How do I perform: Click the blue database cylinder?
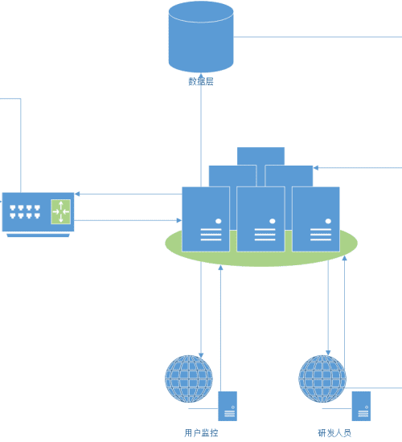point(201,37)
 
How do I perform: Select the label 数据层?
point(201,81)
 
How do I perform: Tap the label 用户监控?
point(201,432)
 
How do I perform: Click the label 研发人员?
point(334,432)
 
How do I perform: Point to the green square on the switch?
point(60,211)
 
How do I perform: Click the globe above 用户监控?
point(189,379)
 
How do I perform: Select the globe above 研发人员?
point(322,379)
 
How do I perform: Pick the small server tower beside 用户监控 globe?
point(228,406)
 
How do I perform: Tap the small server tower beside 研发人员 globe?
point(361,406)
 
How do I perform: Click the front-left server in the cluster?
point(206,219)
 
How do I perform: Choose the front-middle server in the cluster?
point(260,219)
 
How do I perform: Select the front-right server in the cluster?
point(316,219)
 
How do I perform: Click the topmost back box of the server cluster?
point(260,156)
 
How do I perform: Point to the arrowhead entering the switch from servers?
point(77,194)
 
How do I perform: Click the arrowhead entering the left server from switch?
point(179,220)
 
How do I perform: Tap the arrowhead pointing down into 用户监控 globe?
point(201,355)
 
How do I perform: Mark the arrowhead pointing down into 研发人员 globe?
point(328,353)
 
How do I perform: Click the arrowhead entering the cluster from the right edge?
point(316,168)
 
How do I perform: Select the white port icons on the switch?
point(25,211)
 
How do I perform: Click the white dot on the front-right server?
point(328,221)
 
